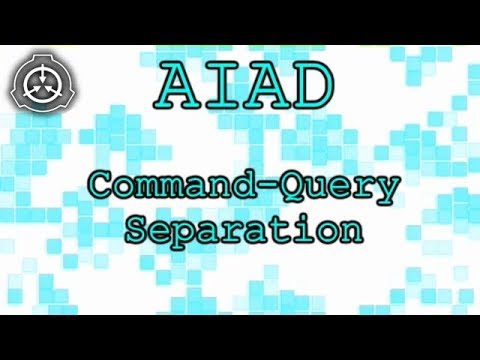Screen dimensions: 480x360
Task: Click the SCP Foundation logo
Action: (x=42, y=83)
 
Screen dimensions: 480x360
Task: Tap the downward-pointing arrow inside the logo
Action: (x=42, y=75)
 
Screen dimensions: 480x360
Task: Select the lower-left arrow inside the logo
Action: (x=35, y=91)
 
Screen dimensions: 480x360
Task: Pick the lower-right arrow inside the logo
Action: (x=50, y=91)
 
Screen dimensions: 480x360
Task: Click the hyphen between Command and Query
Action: (x=269, y=187)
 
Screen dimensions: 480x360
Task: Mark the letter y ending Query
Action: (x=386, y=193)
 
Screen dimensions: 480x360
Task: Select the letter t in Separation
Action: (x=284, y=229)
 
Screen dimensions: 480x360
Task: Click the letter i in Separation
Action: (x=306, y=228)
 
